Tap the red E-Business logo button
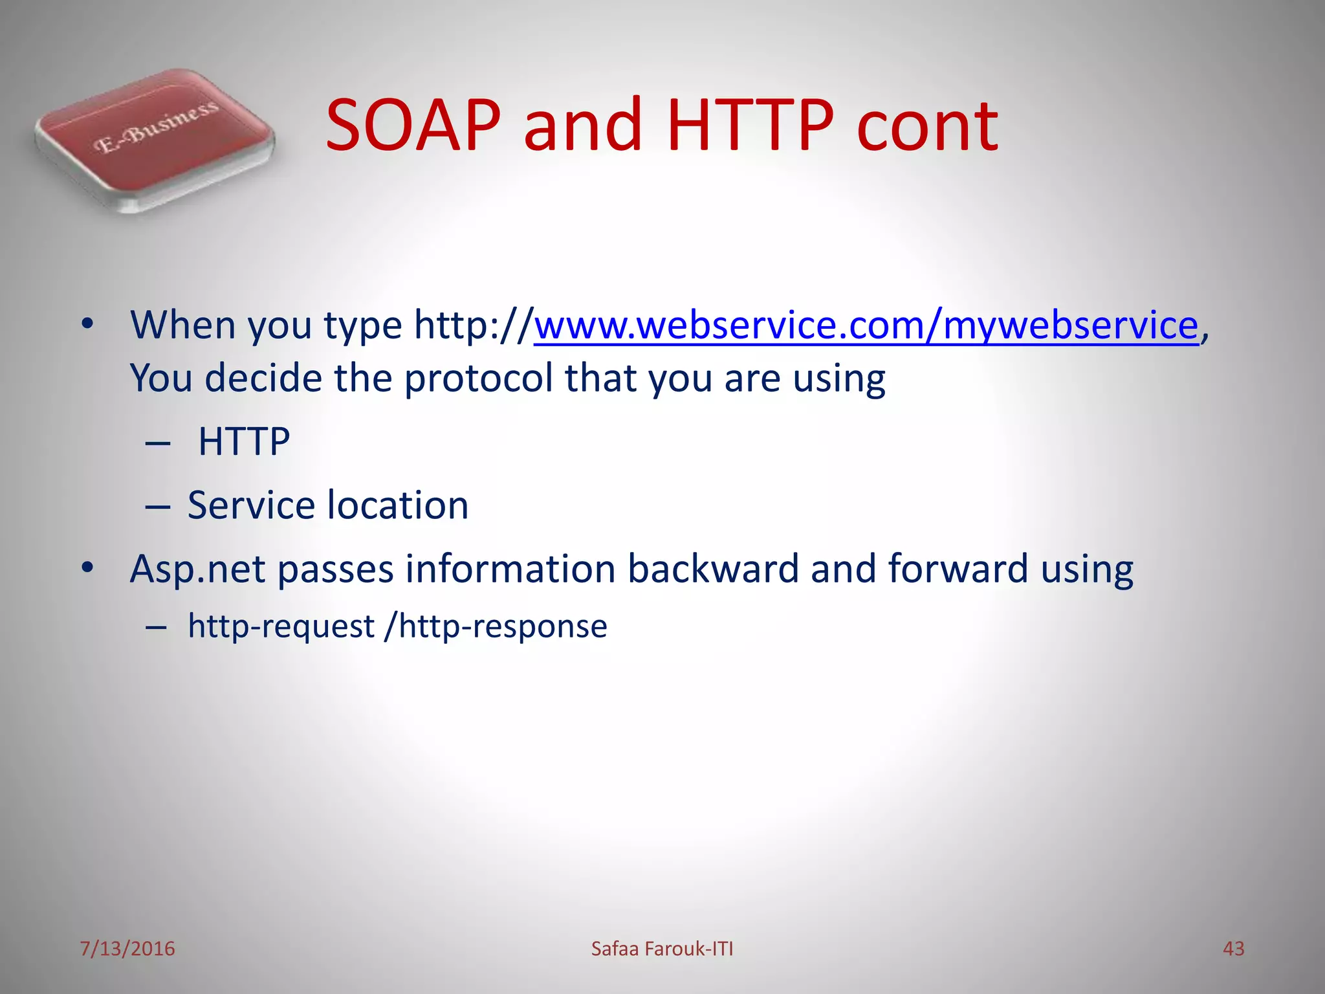(154, 140)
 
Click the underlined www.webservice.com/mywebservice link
(866, 325)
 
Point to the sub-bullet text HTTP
(244, 442)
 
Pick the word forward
(958, 569)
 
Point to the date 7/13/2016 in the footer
(127, 949)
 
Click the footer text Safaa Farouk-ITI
(662, 949)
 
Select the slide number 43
(1233, 949)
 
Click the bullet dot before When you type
(88, 324)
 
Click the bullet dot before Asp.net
(88, 568)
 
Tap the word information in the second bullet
(510, 569)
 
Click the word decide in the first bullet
(263, 379)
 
